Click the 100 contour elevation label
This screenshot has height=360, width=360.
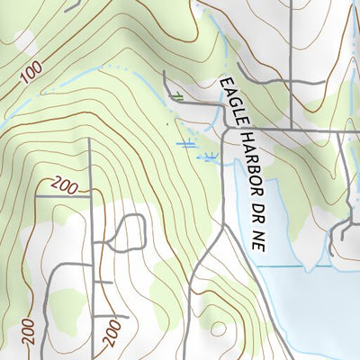click(30, 76)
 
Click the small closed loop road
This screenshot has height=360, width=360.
click(130, 233)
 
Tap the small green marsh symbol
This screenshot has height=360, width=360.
click(179, 96)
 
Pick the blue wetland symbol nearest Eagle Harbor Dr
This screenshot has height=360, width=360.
click(209, 157)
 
